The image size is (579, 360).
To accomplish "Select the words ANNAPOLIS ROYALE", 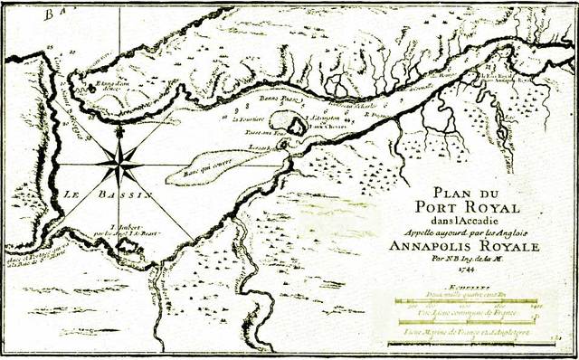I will click(477, 247).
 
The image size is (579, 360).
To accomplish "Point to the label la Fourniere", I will click(248, 118).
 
